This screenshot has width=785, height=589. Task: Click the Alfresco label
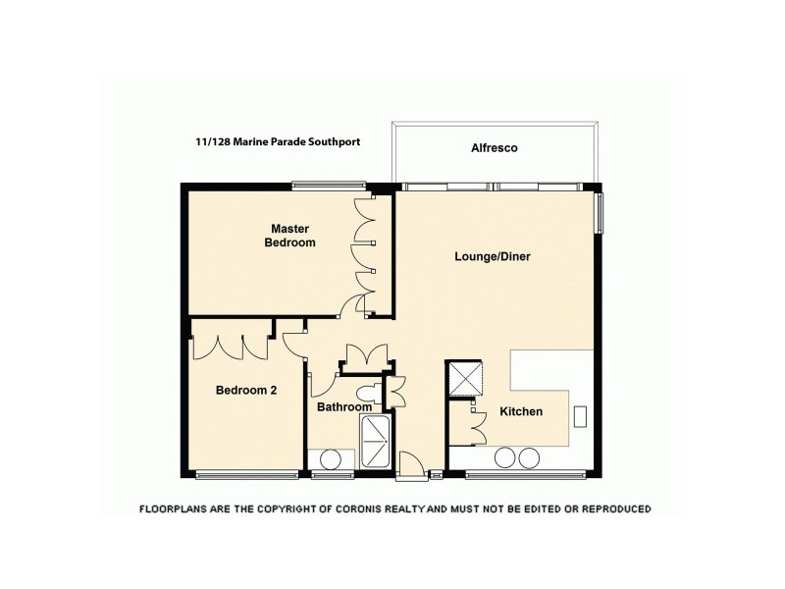click(494, 148)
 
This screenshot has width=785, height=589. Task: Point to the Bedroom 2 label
click(245, 390)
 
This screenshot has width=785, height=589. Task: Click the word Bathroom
click(344, 406)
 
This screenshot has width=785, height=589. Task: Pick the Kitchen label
click(521, 411)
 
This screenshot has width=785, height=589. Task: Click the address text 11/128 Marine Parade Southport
click(278, 141)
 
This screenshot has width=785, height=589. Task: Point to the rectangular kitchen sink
click(580, 416)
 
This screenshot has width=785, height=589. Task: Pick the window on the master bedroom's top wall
click(329, 184)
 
